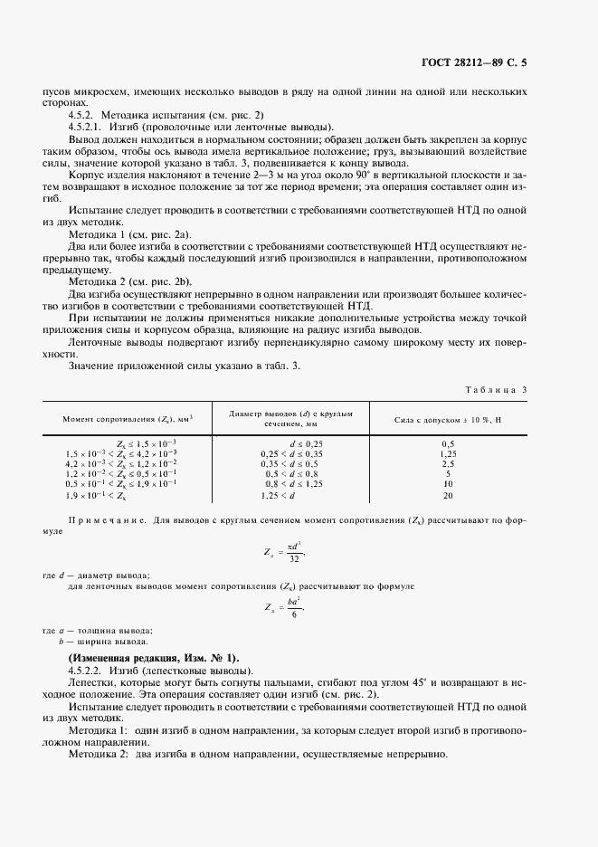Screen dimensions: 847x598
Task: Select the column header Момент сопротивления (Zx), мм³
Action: (x=129, y=419)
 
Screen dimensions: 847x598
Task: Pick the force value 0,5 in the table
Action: (x=447, y=443)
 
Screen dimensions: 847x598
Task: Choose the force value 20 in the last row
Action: (x=447, y=496)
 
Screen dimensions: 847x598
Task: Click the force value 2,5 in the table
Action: (x=447, y=464)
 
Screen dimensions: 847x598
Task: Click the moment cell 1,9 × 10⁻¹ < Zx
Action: (x=96, y=496)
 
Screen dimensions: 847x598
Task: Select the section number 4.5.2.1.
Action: (x=89, y=127)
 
